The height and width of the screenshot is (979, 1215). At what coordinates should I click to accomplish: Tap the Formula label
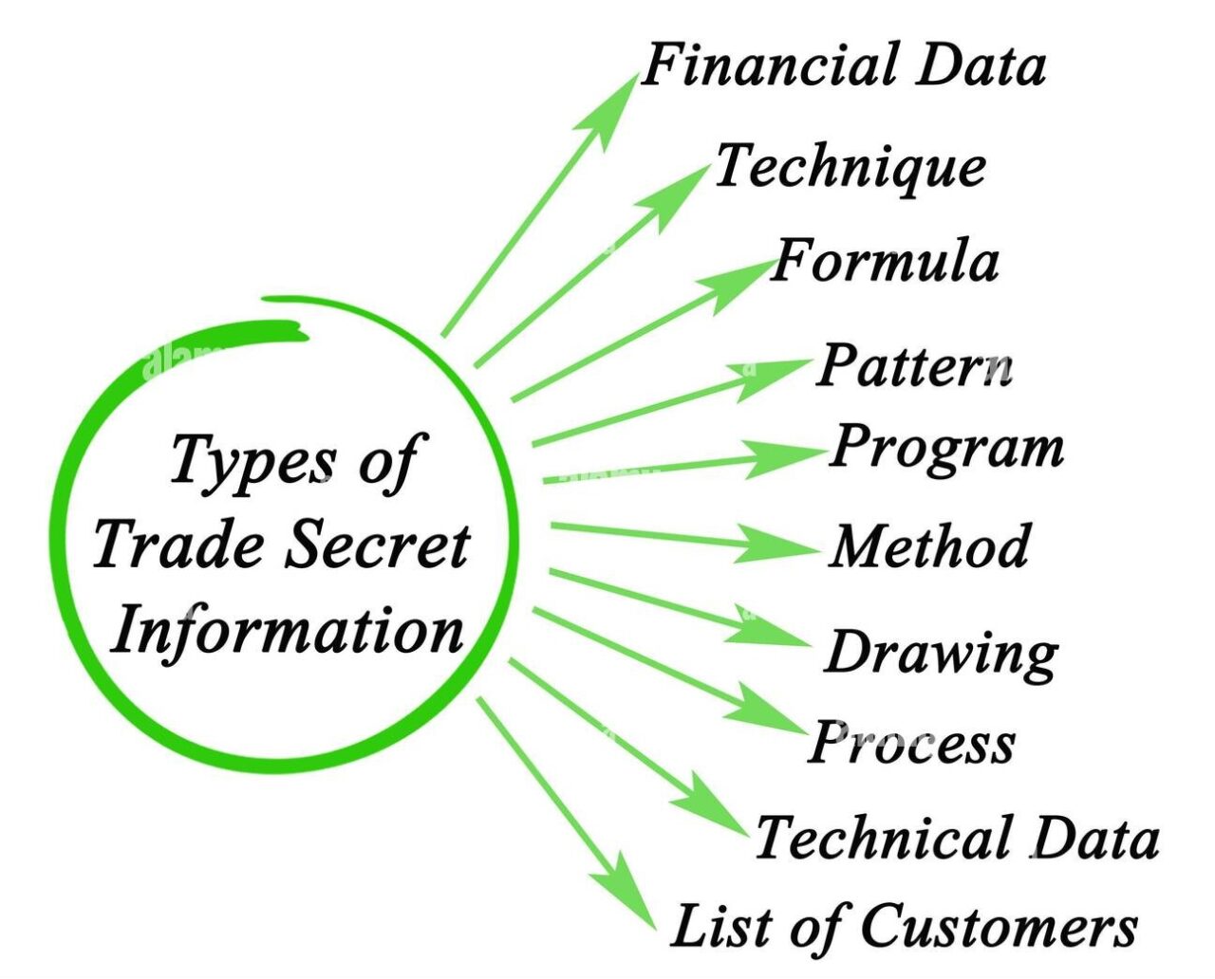[x=885, y=260]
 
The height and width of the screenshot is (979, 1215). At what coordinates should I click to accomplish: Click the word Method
[x=928, y=545]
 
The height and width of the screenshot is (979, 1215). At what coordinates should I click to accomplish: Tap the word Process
[x=912, y=743]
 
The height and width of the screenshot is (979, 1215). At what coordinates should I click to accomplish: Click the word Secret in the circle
[x=378, y=544]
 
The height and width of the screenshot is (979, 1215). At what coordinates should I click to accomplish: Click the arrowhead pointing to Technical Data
[x=713, y=804]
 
